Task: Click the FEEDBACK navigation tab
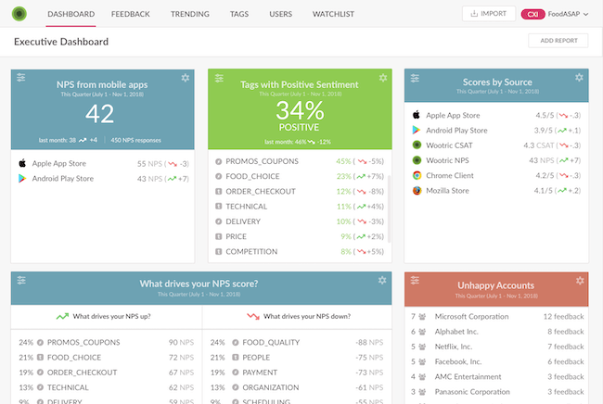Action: click(x=130, y=15)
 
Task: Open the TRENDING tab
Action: click(x=191, y=15)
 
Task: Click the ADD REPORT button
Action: click(x=558, y=41)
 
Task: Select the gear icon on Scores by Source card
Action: click(x=579, y=77)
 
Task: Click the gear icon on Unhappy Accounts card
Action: click(x=579, y=281)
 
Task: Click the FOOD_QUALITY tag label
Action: click(x=270, y=342)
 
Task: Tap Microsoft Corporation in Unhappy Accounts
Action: click(x=471, y=317)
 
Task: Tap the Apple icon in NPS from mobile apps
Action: click(x=21, y=162)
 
